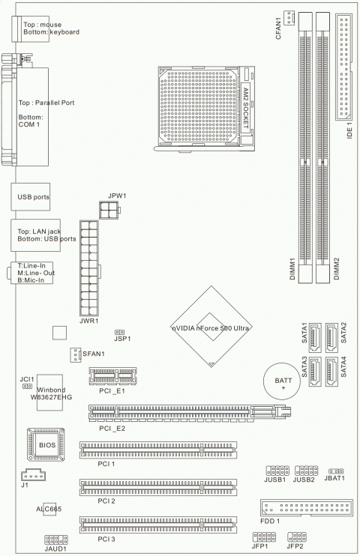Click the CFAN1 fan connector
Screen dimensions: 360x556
[289, 18]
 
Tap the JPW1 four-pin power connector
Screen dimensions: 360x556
[109, 210]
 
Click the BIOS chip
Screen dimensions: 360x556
[46, 444]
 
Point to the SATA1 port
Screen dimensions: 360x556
[315, 337]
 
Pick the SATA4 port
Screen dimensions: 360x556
[331, 371]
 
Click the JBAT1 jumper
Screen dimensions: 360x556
[336, 471]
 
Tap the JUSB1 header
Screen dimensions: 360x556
[277, 471]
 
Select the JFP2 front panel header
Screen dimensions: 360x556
[297, 537]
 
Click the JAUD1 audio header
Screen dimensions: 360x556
[56, 540]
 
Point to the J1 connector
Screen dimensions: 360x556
[33, 475]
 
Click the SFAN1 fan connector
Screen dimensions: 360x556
[75, 354]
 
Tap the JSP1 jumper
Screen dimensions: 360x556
[120, 332]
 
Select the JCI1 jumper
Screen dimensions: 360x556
[27, 386]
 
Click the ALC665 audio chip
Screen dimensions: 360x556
[49, 510]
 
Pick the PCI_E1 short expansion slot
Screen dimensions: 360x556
[112, 376]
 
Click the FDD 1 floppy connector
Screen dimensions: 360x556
[307, 507]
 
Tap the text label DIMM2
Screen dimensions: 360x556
[337, 268]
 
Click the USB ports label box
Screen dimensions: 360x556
[31, 197]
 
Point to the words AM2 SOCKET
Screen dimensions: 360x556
[246, 108]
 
